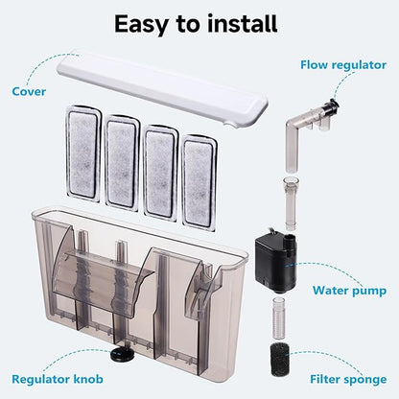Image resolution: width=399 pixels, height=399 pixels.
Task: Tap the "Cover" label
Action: (28, 92)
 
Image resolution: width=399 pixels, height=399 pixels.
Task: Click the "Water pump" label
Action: (351, 288)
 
